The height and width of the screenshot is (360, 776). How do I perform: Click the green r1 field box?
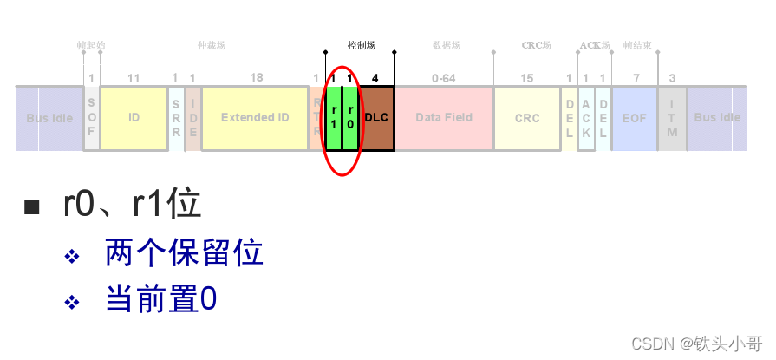tap(334, 118)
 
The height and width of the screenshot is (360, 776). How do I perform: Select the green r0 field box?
tap(350, 118)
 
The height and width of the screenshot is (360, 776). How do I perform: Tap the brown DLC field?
tap(376, 118)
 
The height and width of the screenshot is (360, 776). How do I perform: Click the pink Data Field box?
tap(444, 118)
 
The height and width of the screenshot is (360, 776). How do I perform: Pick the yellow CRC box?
tap(527, 118)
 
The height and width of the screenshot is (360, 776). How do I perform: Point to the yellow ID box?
tap(134, 118)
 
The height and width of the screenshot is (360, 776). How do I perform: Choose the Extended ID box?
tap(255, 118)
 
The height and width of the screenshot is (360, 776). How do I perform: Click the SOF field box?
tap(92, 118)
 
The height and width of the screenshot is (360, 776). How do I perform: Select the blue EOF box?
tap(635, 118)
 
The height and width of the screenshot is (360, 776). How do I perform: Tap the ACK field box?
tap(586, 118)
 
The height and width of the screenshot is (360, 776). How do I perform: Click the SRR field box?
tap(175, 118)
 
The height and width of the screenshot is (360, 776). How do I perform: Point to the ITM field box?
tap(672, 118)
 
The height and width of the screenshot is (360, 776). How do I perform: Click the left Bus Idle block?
tap(49, 118)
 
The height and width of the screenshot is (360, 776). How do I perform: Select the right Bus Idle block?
tap(717, 118)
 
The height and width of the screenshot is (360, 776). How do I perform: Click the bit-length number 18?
tap(257, 78)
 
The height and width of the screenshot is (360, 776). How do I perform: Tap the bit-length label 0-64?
tap(443, 78)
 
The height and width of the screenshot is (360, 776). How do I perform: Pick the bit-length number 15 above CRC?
tap(527, 78)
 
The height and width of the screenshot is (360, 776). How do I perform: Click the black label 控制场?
tap(361, 45)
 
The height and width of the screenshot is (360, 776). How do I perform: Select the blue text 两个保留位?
tap(184, 253)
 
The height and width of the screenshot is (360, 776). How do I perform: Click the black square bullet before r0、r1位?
tap(32, 206)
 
